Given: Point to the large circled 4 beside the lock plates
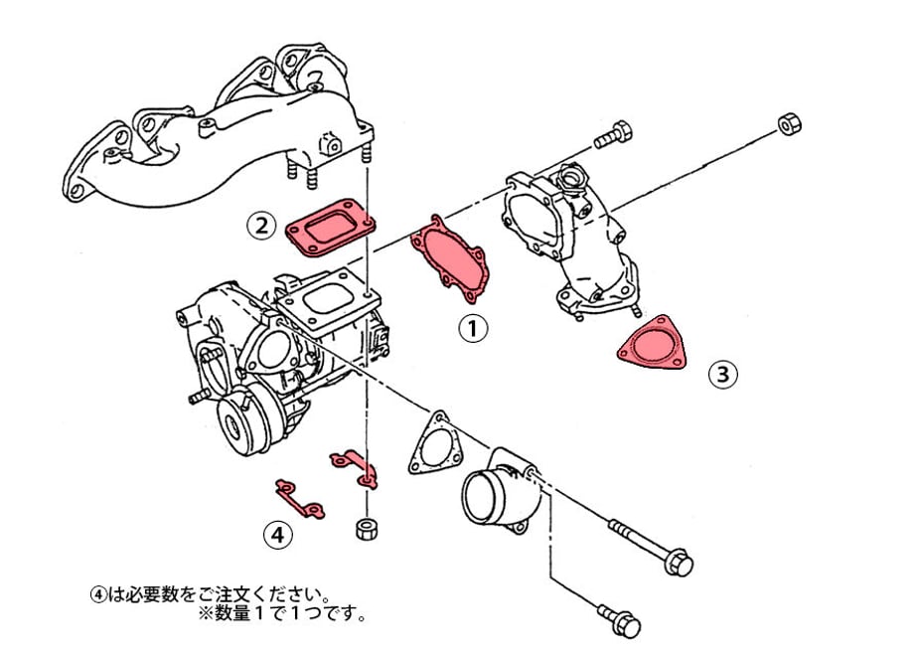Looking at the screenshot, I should click(279, 535).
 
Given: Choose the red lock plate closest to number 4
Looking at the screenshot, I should click(298, 498).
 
